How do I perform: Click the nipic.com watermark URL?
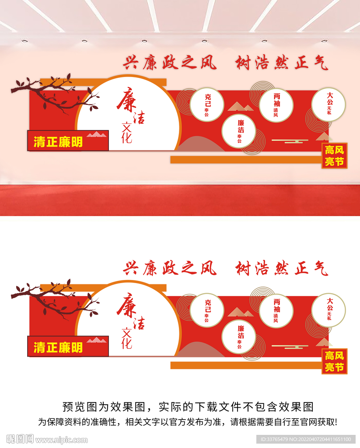pyautogui.click(x=61, y=440)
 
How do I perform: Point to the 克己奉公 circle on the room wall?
pyautogui.click(x=207, y=105)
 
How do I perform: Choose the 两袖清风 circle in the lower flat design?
pyautogui.click(x=276, y=311)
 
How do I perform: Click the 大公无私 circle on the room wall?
pyautogui.click(x=329, y=105)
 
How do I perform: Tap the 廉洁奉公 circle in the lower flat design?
pyautogui.click(x=239, y=337)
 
